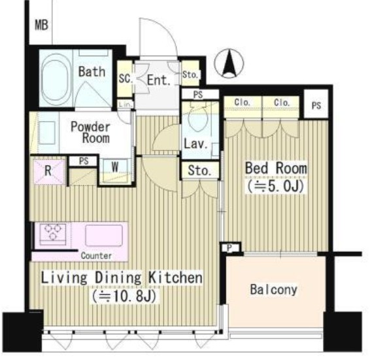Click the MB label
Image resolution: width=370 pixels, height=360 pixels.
(42, 25)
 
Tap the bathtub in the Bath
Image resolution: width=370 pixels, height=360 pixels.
(56, 80)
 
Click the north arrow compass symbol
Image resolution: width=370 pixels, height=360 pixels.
(229, 63)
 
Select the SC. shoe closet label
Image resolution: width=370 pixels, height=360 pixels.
(126, 79)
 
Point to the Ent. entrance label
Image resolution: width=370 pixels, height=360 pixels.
(159, 81)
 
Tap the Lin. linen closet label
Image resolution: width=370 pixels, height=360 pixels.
(126, 104)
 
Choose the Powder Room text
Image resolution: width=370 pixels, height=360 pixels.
(91, 132)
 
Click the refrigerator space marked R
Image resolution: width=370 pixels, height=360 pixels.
(49, 171)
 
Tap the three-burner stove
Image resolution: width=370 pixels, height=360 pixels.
(54, 232)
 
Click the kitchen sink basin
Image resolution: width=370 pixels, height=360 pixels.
(104, 235)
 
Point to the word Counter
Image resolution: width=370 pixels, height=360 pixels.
(96, 255)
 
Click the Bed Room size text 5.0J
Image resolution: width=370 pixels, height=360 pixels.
(275, 186)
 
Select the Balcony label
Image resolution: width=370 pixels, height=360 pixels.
(274, 289)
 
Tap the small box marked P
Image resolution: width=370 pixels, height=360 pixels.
(230, 247)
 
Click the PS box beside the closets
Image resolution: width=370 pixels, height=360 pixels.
(316, 105)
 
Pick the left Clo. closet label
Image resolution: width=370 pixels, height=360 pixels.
(243, 103)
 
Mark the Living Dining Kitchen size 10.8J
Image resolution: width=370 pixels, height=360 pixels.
(124, 297)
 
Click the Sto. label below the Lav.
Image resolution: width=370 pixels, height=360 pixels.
(199, 171)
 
